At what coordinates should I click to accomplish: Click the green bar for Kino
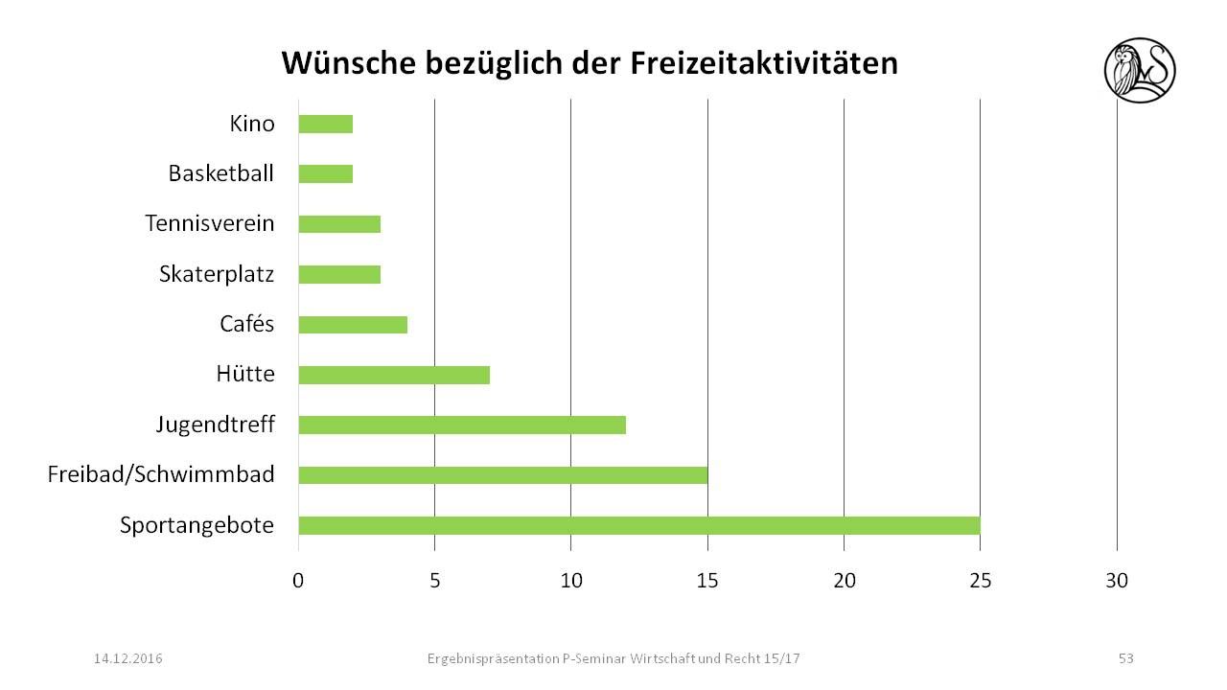click(x=326, y=124)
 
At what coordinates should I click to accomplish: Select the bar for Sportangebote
click(x=639, y=525)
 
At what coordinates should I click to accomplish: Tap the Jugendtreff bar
click(x=462, y=425)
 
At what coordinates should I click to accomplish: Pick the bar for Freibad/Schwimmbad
click(x=503, y=474)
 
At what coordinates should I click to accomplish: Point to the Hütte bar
click(x=394, y=375)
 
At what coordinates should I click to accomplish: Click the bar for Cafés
click(x=353, y=325)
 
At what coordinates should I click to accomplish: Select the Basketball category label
click(x=220, y=174)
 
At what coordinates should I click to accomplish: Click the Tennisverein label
click(x=210, y=224)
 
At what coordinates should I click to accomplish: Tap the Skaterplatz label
click(x=217, y=274)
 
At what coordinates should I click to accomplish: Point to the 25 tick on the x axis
click(x=981, y=581)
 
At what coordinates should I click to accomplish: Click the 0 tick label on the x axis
click(x=298, y=581)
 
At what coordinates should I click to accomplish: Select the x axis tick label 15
click(x=707, y=581)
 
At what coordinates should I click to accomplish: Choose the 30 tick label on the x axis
click(x=1117, y=581)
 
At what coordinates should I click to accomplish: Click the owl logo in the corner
click(x=1140, y=70)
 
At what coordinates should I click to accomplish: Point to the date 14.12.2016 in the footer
click(x=127, y=658)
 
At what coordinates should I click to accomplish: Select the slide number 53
click(x=1125, y=658)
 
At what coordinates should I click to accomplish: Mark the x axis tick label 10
click(x=570, y=581)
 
